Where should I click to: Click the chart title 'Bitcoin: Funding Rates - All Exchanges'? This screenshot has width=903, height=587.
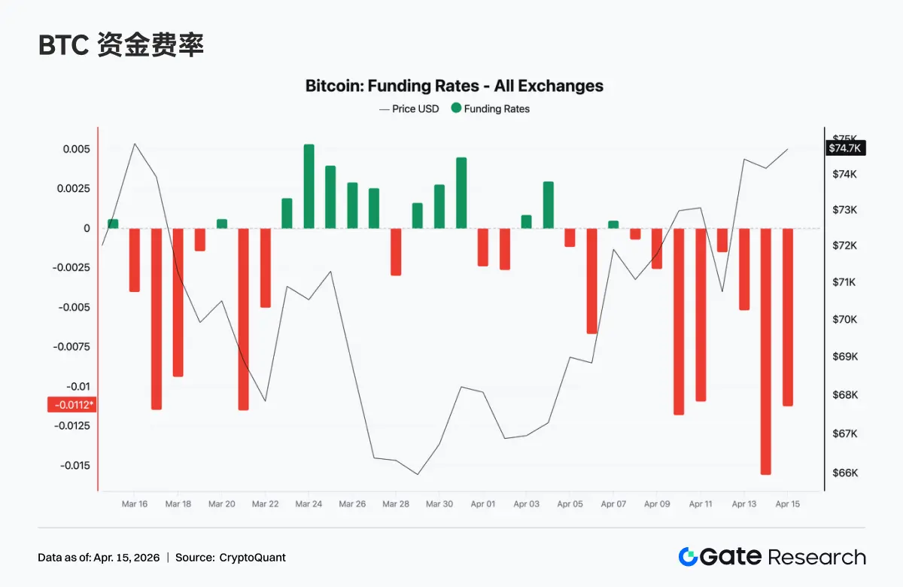[x=454, y=86]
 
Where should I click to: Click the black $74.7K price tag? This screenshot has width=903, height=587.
[x=846, y=148]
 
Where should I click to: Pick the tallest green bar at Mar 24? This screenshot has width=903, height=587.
[x=309, y=187]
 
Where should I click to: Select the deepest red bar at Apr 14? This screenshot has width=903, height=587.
[x=765, y=351]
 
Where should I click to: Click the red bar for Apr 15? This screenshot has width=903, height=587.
[x=788, y=317]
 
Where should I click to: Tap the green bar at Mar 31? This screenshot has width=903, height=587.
[x=461, y=193]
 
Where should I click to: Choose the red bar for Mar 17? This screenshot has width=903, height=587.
[x=157, y=318]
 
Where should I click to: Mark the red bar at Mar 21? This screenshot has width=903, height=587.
[x=243, y=318]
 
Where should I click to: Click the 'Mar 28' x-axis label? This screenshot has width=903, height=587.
[x=395, y=504]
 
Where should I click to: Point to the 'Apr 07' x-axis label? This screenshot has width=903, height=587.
[x=613, y=504]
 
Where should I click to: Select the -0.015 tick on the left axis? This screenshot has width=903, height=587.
[x=75, y=465]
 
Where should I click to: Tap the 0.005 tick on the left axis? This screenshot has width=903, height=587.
[x=77, y=149]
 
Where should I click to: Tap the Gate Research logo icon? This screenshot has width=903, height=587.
[x=688, y=557]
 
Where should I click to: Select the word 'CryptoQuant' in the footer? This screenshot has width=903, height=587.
[x=253, y=558]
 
